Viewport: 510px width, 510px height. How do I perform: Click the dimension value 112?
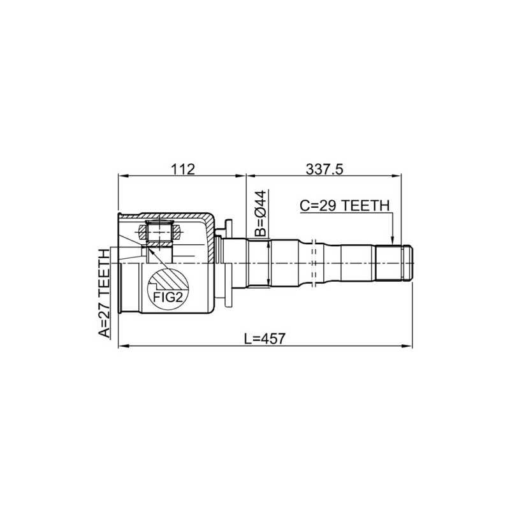point(182,169)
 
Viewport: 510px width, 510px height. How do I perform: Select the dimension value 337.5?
point(324,169)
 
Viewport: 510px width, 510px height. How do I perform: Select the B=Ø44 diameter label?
point(261,214)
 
